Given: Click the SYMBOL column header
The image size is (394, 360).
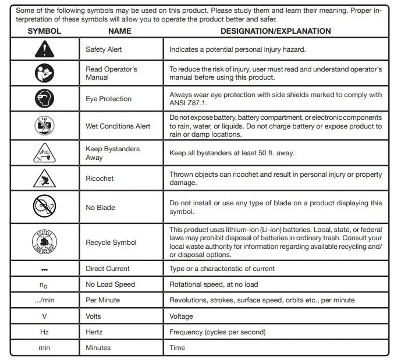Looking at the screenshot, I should coord(44,31).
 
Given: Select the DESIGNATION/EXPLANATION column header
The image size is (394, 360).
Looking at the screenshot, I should coord(276,31).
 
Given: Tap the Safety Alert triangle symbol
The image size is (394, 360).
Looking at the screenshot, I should coord(44,49).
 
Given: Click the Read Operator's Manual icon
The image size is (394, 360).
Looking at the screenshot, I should coord(44,73).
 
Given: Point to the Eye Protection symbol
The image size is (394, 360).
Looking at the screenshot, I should coord(44,99).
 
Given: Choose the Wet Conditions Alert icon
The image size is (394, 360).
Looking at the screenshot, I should coord(44,126).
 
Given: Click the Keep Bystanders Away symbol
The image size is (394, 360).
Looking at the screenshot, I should coord(44,153).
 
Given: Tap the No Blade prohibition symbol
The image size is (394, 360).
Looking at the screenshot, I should coord(44,207).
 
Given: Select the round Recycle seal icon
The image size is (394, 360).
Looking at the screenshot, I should coord(44,241).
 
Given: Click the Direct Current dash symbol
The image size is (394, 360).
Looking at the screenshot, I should coord(44,269).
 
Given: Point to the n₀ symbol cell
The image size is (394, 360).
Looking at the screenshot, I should coord(44,285).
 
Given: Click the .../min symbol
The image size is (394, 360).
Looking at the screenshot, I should coord(44,300).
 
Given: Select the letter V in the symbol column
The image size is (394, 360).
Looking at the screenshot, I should coord(44,316).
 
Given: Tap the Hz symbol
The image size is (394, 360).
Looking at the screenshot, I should coord(44,332).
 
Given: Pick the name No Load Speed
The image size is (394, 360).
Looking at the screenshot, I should coord(110,284).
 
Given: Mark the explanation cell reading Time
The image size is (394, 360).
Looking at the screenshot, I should coord(177,348).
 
